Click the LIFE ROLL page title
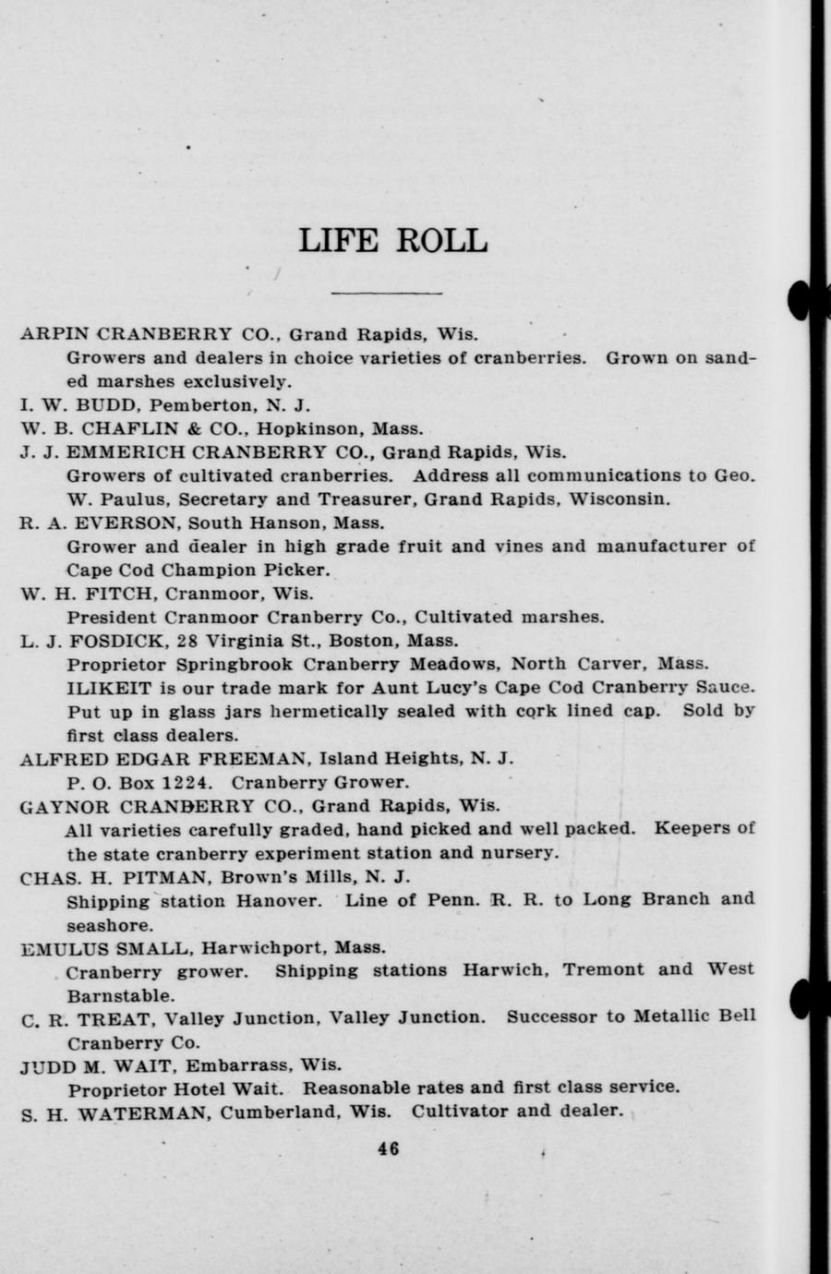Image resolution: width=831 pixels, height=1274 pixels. click(x=392, y=240)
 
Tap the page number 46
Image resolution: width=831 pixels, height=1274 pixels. click(x=388, y=1149)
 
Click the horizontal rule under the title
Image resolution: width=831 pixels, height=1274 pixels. click(x=386, y=294)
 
